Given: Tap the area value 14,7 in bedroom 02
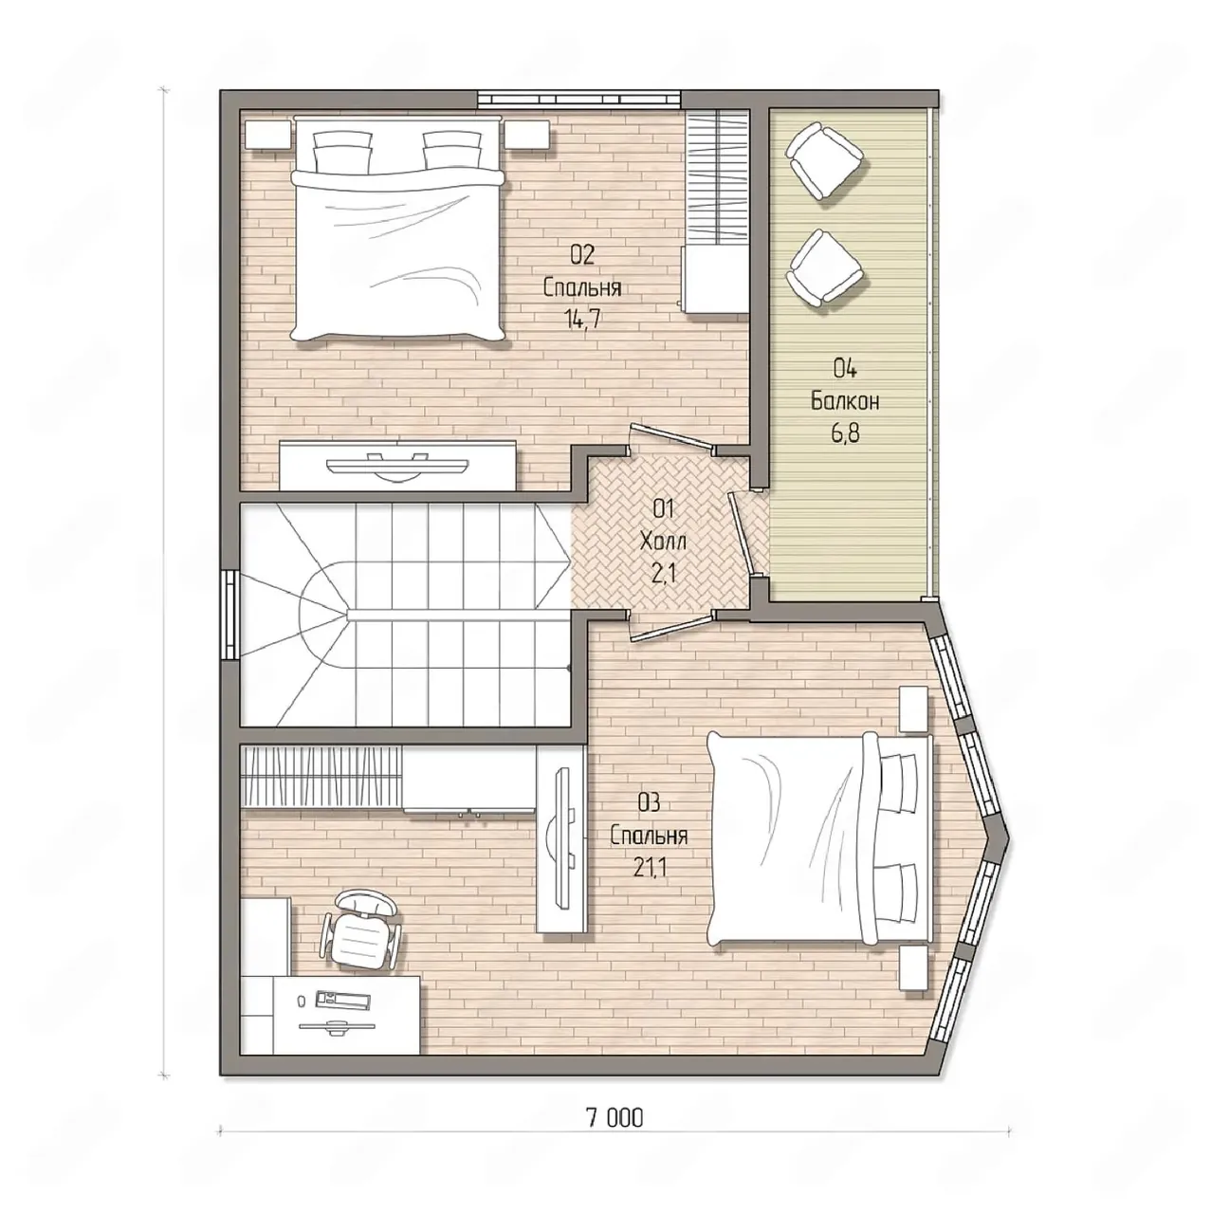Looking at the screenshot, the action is (x=583, y=318).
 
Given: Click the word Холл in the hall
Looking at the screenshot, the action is (x=662, y=542).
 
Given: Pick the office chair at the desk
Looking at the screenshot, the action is (x=359, y=935).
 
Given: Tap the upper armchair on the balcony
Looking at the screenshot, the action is (x=823, y=160).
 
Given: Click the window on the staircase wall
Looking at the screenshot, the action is (x=229, y=615).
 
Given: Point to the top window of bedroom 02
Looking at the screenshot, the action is (x=579, y=99).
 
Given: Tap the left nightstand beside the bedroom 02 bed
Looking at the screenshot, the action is (x=268, y=134).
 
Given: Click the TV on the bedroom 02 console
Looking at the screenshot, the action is (x=397, y=464).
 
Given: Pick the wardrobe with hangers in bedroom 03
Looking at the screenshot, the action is (x=321, y=776).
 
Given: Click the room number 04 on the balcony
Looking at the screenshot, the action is (x=845, y=368).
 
